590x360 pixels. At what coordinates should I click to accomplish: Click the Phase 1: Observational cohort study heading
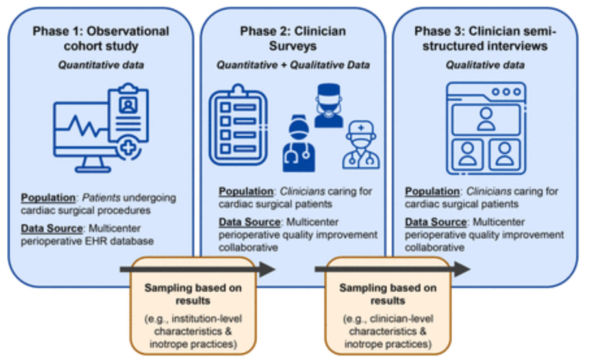point(101,38)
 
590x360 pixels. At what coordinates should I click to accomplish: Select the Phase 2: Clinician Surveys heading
point(293,38)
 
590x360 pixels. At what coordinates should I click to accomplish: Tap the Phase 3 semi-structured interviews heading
point(485,38)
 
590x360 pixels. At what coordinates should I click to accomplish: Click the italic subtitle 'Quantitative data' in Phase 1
point(101,65)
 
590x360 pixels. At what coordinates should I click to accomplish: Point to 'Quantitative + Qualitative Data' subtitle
point(293,65)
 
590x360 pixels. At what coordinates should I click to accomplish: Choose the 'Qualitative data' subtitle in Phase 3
point(485,65)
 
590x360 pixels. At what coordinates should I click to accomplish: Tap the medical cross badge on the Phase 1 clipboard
point(129,148)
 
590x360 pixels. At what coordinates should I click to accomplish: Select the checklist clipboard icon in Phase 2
point(238,125)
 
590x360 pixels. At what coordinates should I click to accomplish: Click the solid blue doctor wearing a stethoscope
point(299,144)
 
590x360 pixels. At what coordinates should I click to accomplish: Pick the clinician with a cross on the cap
point(361,144)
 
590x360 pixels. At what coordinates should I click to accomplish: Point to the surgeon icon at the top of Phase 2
point(329,105)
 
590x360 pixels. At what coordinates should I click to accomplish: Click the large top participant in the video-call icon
point(486,120)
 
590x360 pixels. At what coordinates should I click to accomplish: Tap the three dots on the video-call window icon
point(506,92)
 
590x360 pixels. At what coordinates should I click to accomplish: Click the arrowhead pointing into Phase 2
point(267,269)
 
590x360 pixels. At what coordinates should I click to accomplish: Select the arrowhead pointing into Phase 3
point(462,269)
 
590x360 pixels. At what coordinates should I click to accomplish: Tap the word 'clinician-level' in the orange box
point(402,318)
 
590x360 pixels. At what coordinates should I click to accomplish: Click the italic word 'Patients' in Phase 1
point(101,198)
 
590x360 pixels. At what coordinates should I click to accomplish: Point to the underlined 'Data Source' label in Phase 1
point(51,228)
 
